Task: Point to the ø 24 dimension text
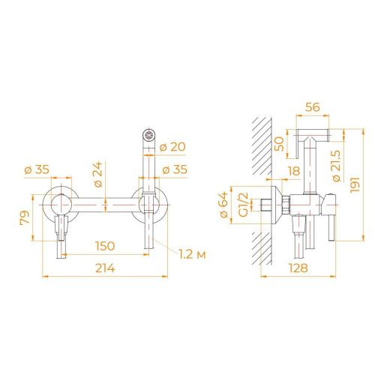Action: pos(97,175)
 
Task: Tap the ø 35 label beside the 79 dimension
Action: pos(37,169)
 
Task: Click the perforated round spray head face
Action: pos(148,136)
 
